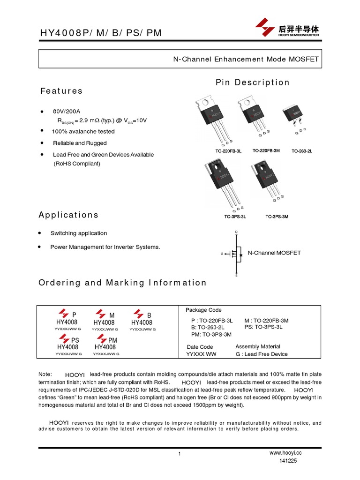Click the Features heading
(x=61, y=91)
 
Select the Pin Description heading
(x=253, y=82)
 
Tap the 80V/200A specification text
(x=67, y=111)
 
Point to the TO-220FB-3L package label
(x=228, y=151)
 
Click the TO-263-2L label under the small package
(x=302, y=151)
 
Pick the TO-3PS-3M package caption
(x=277, y=217)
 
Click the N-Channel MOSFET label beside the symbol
(x=274, y=253)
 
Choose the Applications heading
(x=68, y=215)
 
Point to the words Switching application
(x=79, y=233)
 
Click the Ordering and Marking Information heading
(x=122, y=283)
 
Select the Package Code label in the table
(x=204, y=310)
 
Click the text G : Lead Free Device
(x=262, y=354)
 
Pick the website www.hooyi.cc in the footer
(x=285, y=453)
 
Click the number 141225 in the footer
(x=288, y=461)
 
